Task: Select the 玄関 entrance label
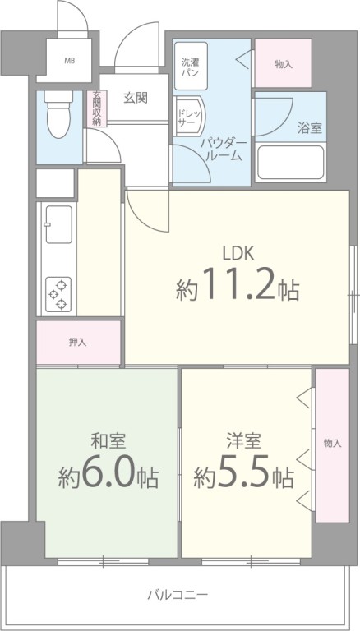136,99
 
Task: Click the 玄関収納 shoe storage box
96,108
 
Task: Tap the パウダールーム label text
223,148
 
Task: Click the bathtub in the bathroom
290,163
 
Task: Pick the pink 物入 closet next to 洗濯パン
283,64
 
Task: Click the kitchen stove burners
58,295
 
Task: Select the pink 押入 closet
79,342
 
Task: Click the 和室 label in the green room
108,440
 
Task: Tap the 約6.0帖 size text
108,476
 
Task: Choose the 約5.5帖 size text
244,476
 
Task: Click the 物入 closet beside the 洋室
332,444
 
